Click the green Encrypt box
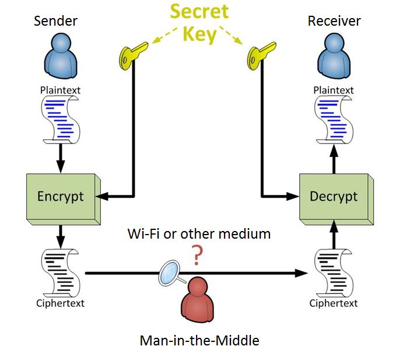(61, 197)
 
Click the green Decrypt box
(333, 197)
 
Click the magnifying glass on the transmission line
(171, 272)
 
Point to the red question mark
(198, 254)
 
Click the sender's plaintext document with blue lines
(61, 120)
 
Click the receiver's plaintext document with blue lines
(333, 120)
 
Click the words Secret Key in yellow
(199, 23)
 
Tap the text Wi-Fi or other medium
(199, 234)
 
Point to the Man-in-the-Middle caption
(199, 340)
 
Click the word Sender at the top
(56, 22)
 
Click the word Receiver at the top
(334, 22)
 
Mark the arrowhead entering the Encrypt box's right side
(101, 197)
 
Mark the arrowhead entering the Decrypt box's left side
(293, 197)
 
